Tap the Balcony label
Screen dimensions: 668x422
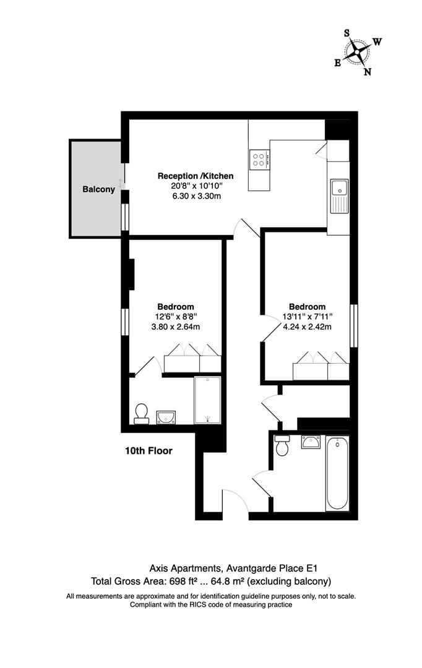[x=99, y=190]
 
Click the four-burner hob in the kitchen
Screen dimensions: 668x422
[x=259, y=160]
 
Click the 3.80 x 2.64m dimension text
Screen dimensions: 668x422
[x=175, y=327]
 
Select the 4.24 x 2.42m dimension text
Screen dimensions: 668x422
[x=307, y=327]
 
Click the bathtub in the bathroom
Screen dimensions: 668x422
[x=337, y=473]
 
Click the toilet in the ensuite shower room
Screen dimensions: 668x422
[x=142, y=413]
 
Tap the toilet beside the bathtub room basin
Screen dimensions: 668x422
[x=283, y=445]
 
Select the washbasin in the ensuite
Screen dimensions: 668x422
[x=166, y=416]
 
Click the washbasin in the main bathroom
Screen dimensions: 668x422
[x=310, y=442]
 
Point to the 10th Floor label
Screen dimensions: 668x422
[x=149, y=451]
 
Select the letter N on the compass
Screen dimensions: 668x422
[x=367, y=71]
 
